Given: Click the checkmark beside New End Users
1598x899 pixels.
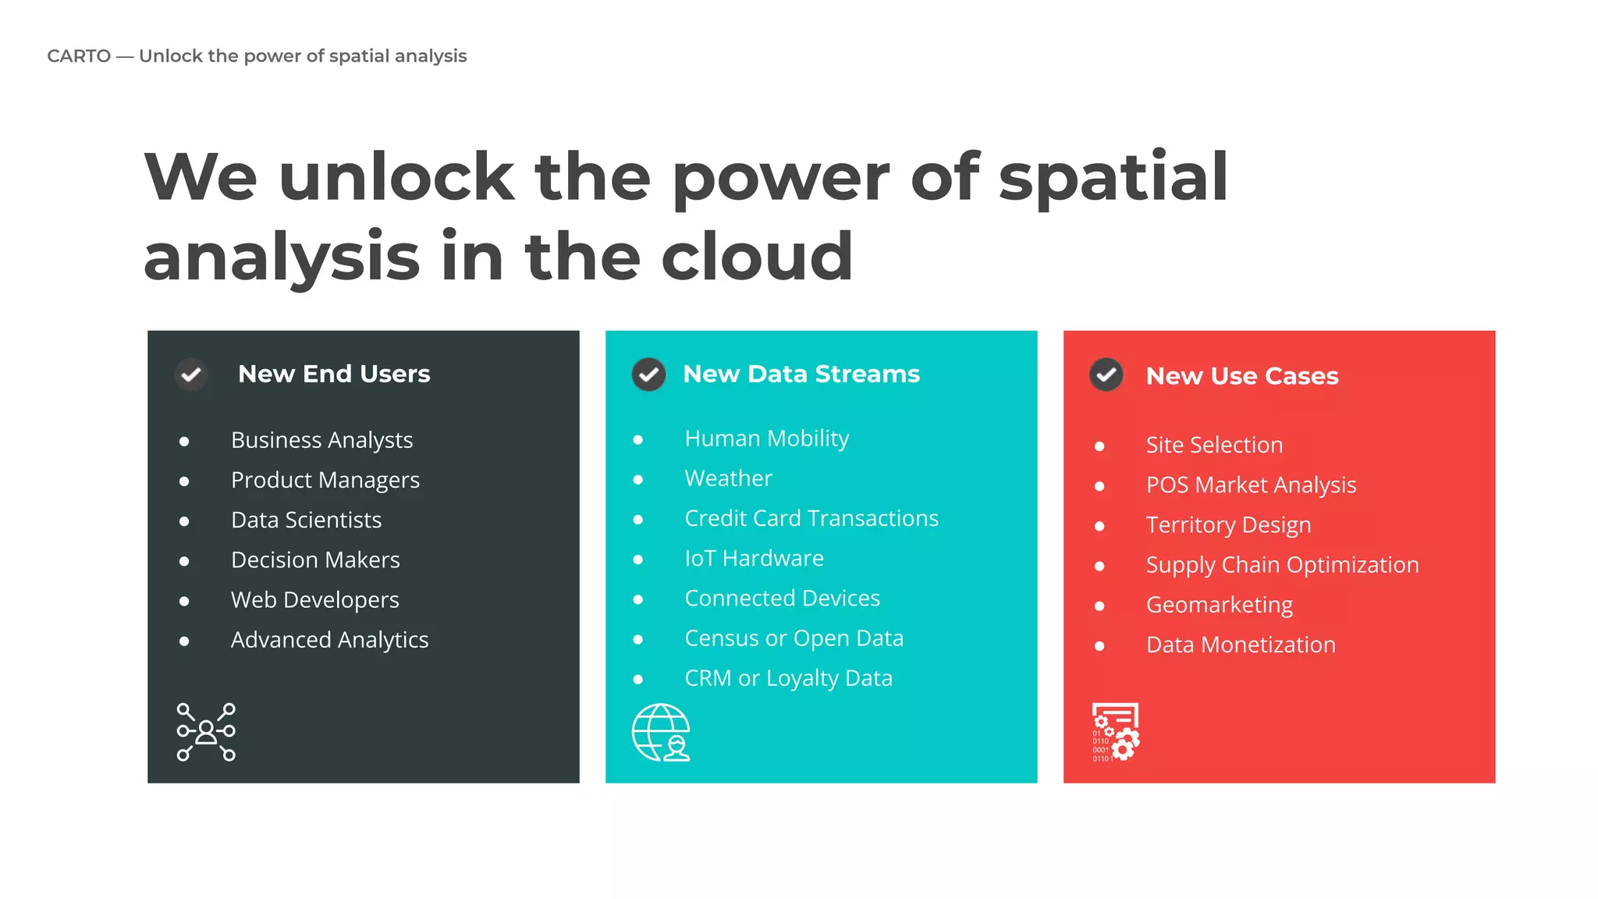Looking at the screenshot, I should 191,375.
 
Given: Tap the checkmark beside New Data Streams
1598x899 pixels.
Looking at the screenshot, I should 648,375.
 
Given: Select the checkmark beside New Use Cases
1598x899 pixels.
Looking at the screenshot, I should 1106,375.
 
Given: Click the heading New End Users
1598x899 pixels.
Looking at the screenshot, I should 334,374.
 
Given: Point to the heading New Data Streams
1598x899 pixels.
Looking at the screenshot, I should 801,374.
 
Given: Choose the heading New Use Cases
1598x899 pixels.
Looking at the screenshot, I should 1242,376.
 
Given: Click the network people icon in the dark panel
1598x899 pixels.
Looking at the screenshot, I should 206,732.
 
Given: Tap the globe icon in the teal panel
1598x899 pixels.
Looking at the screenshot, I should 661,733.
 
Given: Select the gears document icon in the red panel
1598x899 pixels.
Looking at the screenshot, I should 1116,732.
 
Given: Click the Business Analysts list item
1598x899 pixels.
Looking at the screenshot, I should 321,440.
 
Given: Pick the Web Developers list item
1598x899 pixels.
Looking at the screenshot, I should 314,599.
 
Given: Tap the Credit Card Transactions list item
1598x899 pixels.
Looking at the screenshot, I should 811,518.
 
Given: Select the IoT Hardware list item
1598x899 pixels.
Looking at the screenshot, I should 754,558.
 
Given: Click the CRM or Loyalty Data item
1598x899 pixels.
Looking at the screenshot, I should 788,678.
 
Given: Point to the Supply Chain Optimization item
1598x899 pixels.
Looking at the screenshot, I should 1282,565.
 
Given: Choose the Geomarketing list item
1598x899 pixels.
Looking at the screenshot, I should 1219,605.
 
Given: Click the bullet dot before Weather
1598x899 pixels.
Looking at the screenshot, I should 638,479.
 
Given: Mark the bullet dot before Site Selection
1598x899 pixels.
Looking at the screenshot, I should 1099,446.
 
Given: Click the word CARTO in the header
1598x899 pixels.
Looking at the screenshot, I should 79,56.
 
